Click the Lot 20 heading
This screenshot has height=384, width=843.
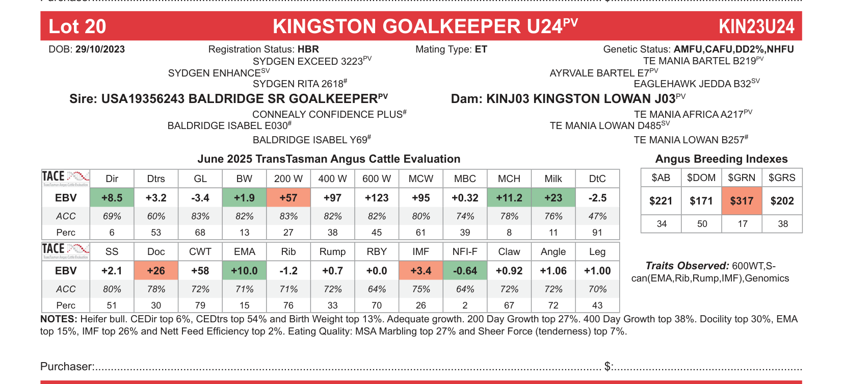click(77, 27)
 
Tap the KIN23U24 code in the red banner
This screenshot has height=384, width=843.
click(756, 27)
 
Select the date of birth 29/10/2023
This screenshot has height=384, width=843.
click(100, 49)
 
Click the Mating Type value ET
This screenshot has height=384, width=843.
click(481, 49)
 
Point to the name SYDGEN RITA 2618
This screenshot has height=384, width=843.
click(298, 84)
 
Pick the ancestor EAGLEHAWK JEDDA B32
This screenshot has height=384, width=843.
click(692, 84)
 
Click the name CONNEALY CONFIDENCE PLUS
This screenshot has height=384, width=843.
click(327, 115)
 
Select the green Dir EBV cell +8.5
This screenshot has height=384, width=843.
click(112, 198)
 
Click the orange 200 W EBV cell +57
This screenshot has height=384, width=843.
click(288, 198)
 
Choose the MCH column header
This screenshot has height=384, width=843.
click(509, 179)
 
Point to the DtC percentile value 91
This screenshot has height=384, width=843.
click(597, 233)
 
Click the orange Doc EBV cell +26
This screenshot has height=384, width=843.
click(156, 271)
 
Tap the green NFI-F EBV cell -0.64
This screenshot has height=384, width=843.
click(465, 271)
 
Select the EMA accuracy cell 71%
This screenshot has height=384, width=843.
click(244, 289)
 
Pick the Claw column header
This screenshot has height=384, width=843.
click(509, 252)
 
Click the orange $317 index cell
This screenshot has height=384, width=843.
click(742, 201)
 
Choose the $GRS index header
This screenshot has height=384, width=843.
click(782, 178)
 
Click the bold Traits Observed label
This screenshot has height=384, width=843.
click(687, 266)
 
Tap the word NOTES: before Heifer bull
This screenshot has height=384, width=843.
click(59, 319)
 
